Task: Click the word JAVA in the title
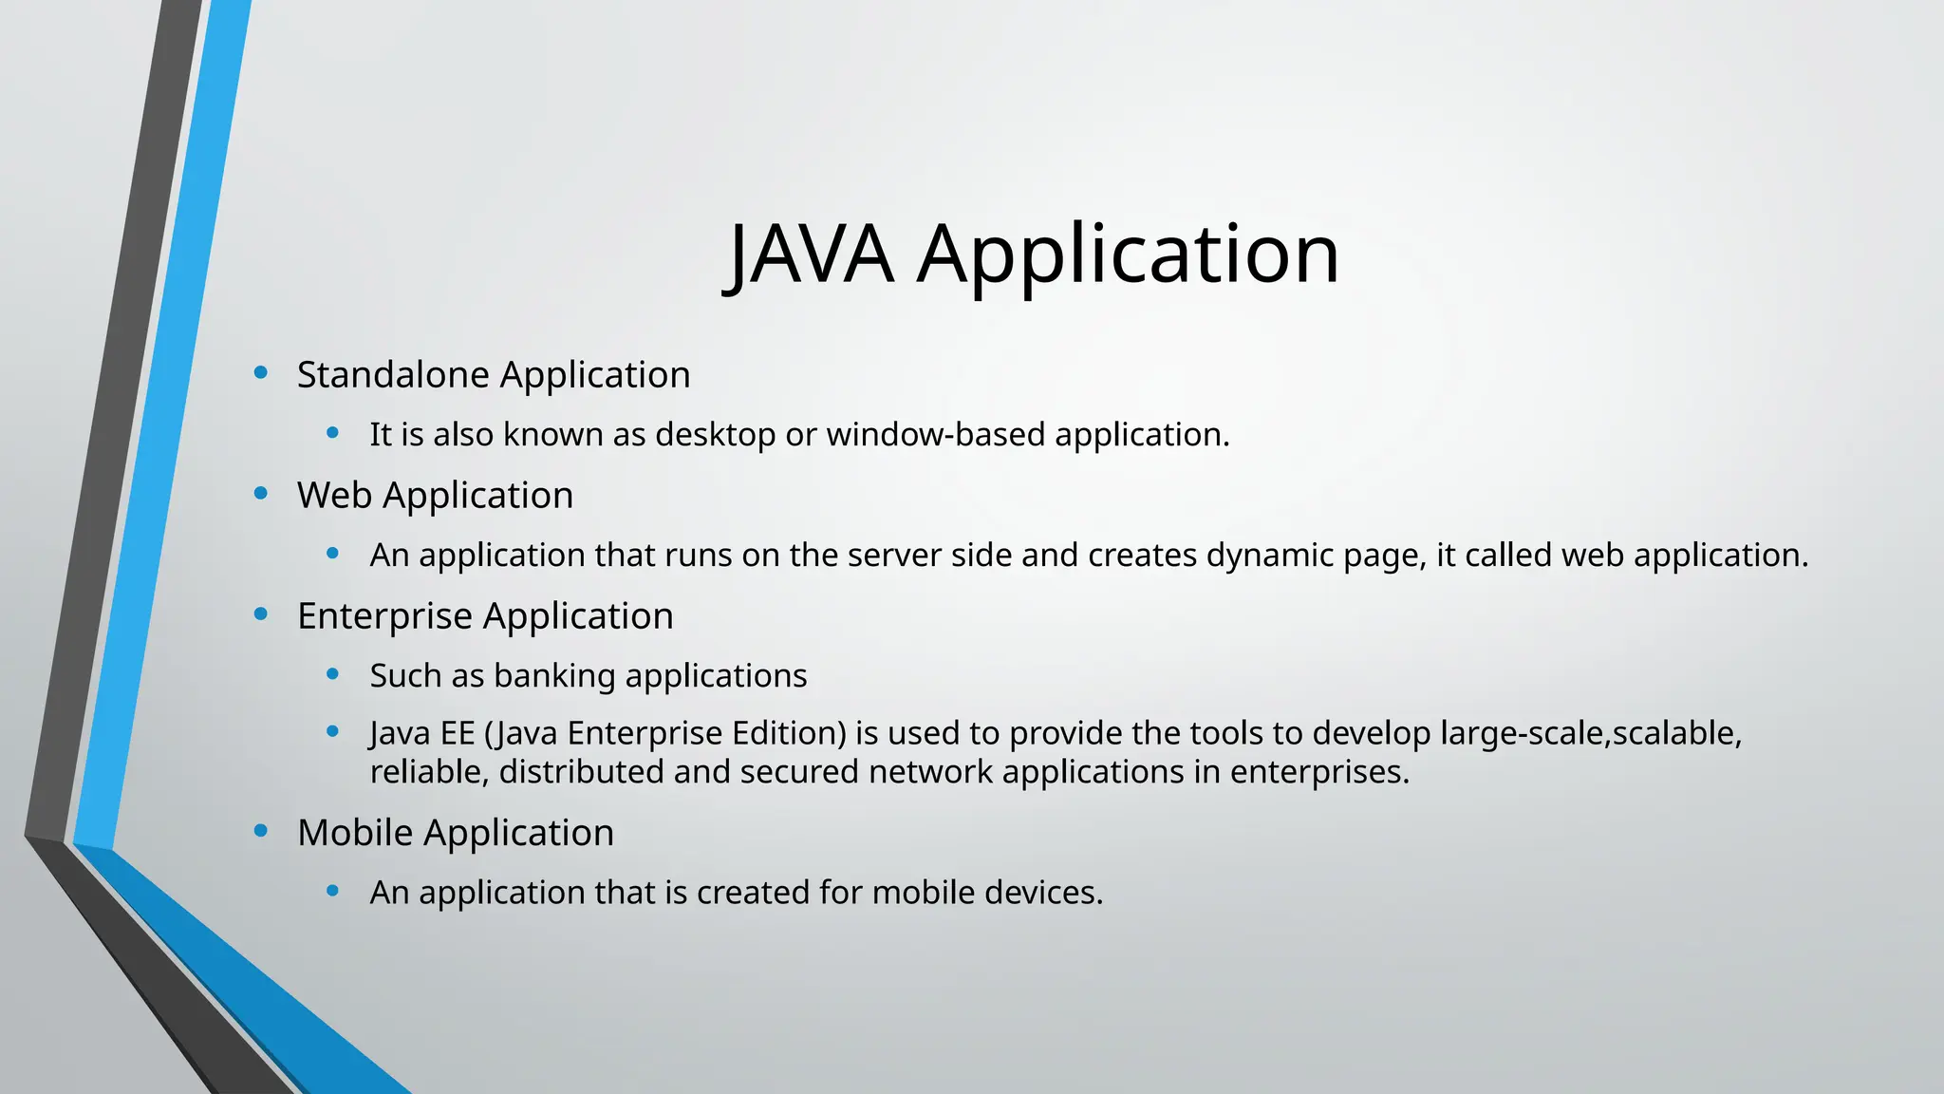[811, 254]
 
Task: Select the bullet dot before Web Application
[261, 493]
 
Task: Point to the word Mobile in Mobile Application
[355, 833]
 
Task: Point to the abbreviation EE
[456, 734]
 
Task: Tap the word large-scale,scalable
[1591, 734]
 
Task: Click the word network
[929, 772]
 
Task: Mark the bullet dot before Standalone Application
[261, 373]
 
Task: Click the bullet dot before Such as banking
[332, 674]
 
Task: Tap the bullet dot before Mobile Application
[261, 831]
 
